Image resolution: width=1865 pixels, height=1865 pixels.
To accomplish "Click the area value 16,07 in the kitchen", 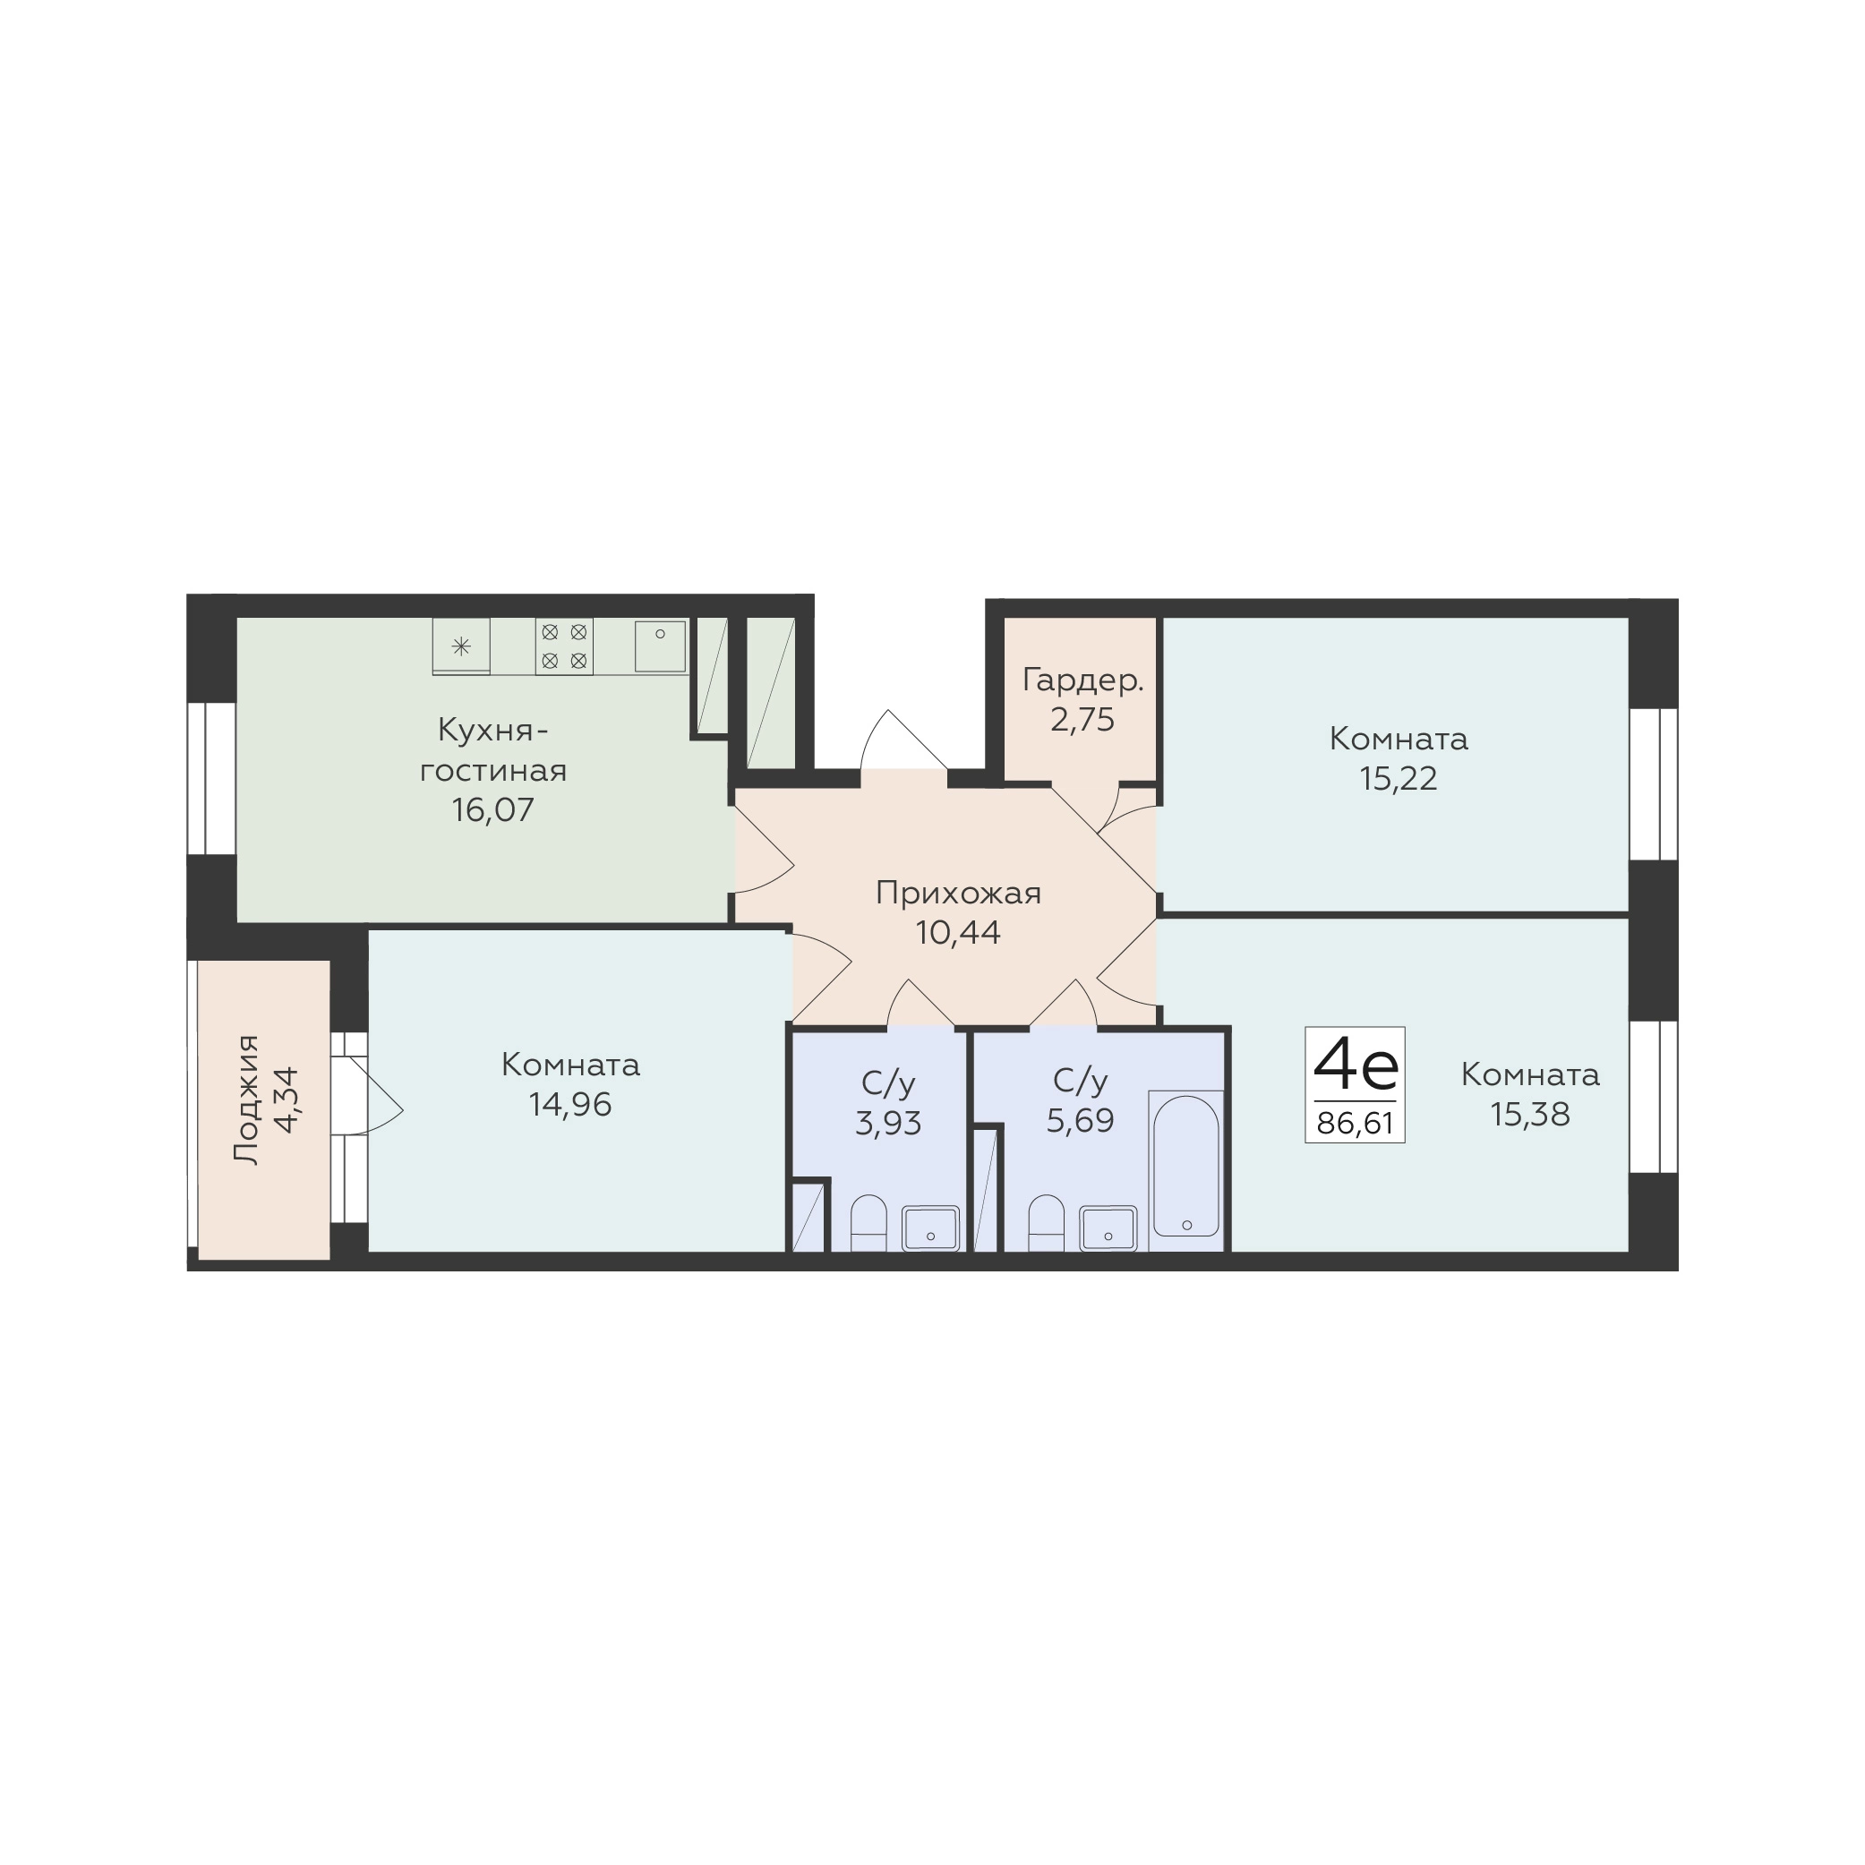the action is coord(492,808).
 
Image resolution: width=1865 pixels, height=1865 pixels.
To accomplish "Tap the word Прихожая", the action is coord(959,894).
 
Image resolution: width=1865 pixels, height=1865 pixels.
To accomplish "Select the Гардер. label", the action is coord(1083,681).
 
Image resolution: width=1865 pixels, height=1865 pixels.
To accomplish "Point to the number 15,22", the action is coord(1398,778).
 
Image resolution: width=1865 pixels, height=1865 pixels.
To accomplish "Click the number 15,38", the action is coord(1530,1114).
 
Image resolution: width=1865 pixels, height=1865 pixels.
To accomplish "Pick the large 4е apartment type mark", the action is coord(1356,1065).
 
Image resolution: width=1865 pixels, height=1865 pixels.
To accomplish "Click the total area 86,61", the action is coord(1356,1124).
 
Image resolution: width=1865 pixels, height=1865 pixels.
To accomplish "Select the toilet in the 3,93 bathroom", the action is coord(868,1222).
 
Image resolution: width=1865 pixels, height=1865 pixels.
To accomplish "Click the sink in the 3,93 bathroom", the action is coord(930,1228).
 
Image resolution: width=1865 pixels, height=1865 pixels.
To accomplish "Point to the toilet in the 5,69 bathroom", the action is coord(1047,1222).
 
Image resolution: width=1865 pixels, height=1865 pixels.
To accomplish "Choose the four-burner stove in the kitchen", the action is coord(564,646).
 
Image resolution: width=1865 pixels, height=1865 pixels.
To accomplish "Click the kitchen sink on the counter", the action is coord(660,646).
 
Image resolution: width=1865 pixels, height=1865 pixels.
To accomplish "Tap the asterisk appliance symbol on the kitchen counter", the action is coord(461,646).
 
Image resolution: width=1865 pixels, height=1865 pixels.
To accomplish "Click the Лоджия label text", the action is coord(249,1099).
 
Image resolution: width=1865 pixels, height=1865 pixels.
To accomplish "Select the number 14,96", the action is coord(570,1104).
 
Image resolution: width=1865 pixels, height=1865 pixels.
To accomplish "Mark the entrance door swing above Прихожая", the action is coord(903,740).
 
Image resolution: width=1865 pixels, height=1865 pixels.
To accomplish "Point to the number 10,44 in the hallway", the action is coord(959,933).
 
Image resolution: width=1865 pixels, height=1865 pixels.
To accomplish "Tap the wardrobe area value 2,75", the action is coord(1083,720).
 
